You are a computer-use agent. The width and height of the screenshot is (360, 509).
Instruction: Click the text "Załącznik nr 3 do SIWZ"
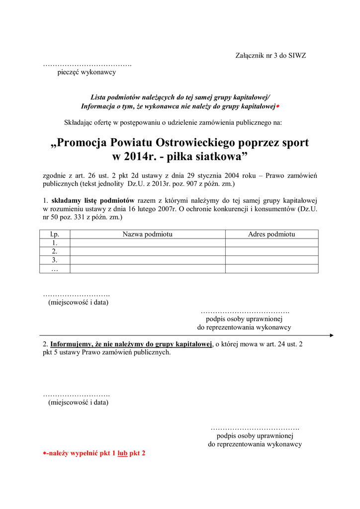(270, 56)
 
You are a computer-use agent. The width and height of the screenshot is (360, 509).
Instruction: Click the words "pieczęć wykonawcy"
(87, 73)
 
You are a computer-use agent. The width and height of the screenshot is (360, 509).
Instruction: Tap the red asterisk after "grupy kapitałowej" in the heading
(277, 107)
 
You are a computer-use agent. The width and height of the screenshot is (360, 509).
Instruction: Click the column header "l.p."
(55, 234)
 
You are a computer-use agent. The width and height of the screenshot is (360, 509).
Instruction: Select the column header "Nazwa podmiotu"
(147, 234)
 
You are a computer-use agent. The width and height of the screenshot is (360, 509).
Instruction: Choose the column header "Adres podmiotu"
(271, 234)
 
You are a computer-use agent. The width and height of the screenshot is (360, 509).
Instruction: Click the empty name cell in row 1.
(147, 243)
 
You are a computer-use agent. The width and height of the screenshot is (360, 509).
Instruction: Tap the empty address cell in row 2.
(271, 252)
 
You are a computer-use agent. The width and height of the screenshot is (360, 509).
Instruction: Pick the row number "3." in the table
(55, 260)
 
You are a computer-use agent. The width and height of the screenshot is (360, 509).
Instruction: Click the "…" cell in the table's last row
(55, 269)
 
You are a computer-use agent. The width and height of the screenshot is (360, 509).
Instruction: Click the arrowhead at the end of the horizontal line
(331, 336)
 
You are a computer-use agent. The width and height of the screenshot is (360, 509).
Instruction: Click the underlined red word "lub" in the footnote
(122, 453)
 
